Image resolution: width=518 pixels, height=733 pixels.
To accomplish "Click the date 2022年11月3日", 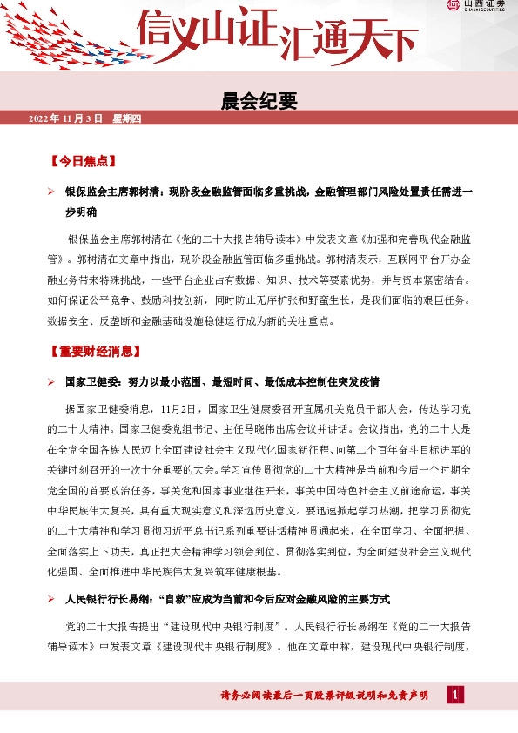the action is pos(66,118).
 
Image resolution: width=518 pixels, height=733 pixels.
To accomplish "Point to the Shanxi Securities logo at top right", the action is pos(479,7).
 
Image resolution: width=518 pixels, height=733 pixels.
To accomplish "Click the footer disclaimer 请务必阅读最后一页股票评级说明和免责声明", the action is pos(325,696).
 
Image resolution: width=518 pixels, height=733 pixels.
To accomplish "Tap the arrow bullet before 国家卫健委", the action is pos(51,382).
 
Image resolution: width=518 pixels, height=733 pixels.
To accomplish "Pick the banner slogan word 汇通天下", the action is pos(336,37).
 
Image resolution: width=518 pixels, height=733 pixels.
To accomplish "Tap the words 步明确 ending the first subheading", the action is pos(81,212).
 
